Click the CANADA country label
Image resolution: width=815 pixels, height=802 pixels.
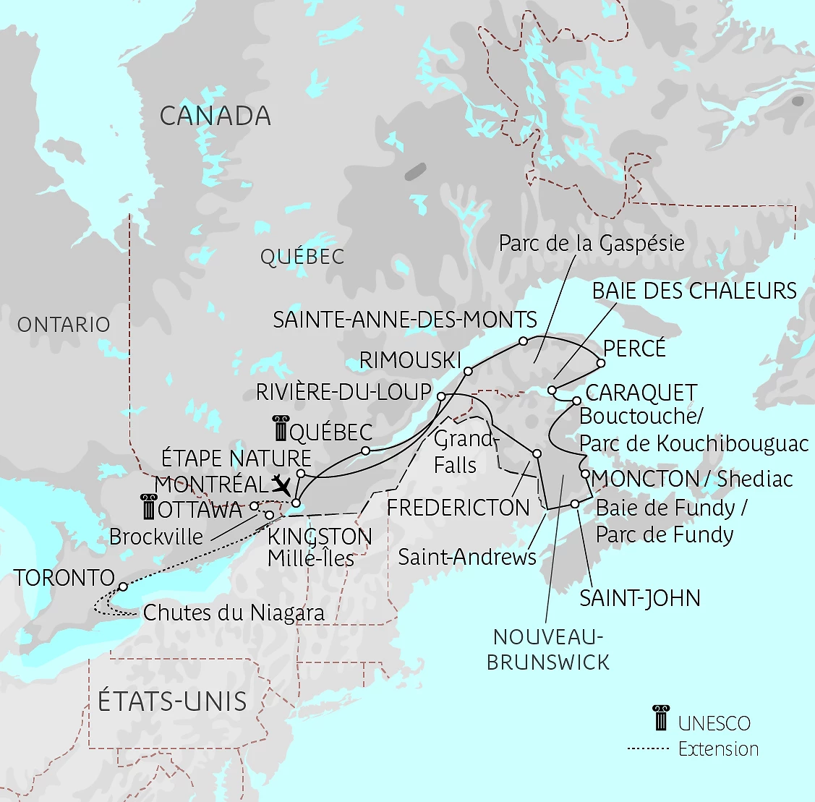(x=216, y=116)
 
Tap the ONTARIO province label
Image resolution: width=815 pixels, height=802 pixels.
(x=64, y=325)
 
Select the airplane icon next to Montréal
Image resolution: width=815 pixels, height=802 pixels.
(x=282, y=484)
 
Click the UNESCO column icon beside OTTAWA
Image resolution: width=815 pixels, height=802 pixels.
(x=148, y=508)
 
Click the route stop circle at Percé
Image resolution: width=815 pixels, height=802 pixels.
(x=601, y=363)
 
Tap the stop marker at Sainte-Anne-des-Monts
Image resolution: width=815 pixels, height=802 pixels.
(x=523, y=341)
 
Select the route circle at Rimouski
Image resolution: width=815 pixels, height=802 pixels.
(x=468, y=371)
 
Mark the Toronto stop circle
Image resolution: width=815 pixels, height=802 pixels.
(x=123, y=586)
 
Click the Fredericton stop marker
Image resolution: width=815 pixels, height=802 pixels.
(x=537, y=453)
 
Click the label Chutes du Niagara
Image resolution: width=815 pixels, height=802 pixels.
(x=234, y=613)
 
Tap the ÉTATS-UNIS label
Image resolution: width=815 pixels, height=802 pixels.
(x=172, y=701)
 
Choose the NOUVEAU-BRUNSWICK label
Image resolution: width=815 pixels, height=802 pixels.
(x=548, y=649)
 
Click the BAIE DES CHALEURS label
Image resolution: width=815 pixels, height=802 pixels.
(x=694, y=291)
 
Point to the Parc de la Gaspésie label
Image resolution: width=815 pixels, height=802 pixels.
(x=592, y=244)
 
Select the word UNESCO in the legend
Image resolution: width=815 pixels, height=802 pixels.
(x=714, y=723)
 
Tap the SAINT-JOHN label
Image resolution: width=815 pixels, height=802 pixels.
(x=640, y=599)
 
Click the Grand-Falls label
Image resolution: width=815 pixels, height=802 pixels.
(x=463, y=452)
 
